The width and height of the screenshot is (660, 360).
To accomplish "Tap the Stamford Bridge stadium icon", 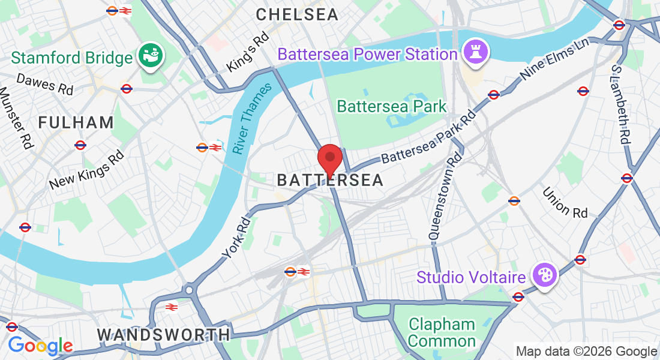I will (x=151, y=57).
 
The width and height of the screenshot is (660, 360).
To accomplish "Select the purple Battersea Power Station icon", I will (x=475, y=52).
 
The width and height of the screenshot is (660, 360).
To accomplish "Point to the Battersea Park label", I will (x=391, y=107).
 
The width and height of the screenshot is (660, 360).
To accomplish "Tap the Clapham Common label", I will (x=442, y=333).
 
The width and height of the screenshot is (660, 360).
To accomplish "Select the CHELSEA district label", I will (x=297, y=15).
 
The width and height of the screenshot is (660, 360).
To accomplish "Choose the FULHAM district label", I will (x=76, y=123).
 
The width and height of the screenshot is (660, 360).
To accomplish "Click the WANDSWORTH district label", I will (x=163, y=334).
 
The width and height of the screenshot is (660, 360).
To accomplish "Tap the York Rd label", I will (x=235, y=238).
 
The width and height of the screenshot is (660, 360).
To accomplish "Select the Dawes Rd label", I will (x=44, y=84).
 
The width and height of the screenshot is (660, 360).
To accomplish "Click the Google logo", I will (x=40, y=346).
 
